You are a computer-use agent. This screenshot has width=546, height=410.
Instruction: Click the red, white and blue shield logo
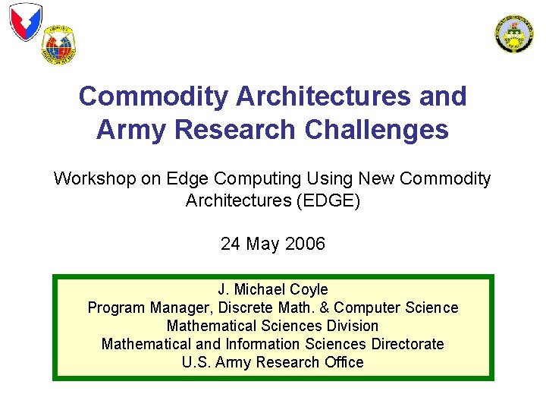25,21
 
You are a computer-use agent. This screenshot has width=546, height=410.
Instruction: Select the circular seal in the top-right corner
514,33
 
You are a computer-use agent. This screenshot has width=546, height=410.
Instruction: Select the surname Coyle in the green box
309,289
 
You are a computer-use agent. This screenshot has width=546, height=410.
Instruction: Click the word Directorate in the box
407,344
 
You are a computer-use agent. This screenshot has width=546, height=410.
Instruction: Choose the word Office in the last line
343,362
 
